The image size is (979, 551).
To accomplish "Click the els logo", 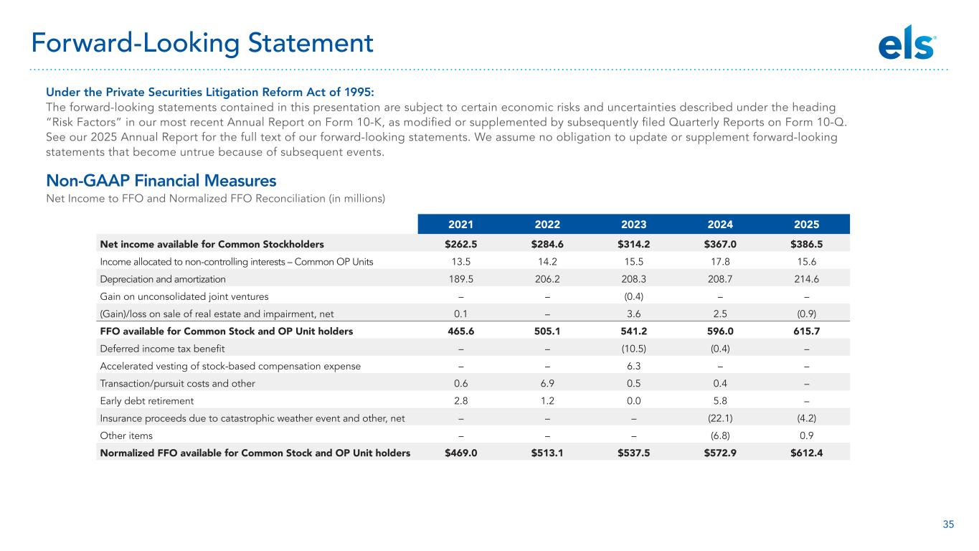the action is click(907, 43).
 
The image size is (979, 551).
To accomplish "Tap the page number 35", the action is click(948, 524).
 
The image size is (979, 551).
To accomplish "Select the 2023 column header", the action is click(634, 225).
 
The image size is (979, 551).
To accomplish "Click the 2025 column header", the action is click(806, 225).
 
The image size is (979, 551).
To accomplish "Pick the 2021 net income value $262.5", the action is click(460, 244).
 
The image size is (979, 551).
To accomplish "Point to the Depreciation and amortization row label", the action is click(163, 279).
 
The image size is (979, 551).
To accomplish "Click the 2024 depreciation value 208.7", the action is click(720, 279).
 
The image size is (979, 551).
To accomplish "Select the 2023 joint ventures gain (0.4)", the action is click(634, 296).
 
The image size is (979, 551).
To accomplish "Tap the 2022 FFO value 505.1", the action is click(547, 331).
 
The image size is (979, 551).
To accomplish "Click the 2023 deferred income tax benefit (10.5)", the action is click(634, 349).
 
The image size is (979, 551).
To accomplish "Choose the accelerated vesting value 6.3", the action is click(634, 366).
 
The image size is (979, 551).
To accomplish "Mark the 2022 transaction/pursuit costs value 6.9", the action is click(547, 384).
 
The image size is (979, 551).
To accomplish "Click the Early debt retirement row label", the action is click(146, 401).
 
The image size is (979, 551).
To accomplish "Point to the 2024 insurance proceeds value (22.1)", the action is click(720, 418).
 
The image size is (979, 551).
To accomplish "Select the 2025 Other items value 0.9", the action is click(806, 435).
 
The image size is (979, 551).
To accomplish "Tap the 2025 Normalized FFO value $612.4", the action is click(806, 453).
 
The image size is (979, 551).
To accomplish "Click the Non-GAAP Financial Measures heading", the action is click(161, 180).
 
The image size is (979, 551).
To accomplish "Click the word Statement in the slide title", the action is click(311, 43).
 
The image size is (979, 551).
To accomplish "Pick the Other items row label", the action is click(126, 435).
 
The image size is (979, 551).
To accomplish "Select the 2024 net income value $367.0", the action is click(720, 244).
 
